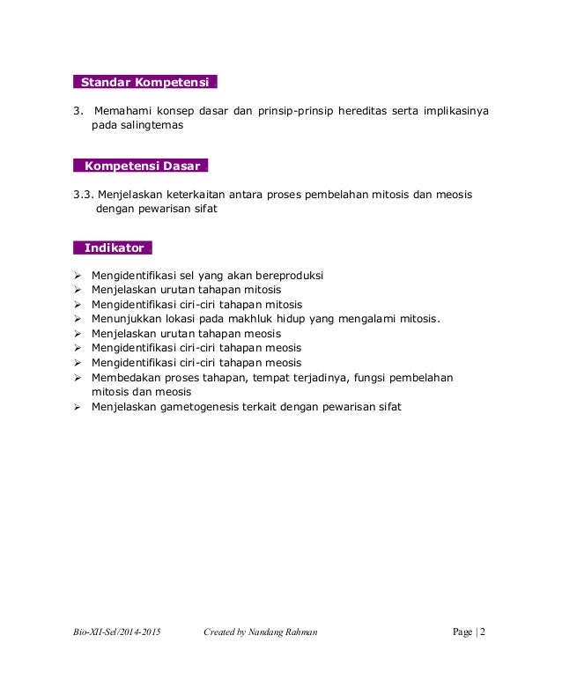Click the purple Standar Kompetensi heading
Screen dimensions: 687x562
click(x=144, y=83)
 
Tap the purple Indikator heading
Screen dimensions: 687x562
click(x=114, y=247)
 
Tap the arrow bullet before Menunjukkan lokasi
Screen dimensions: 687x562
click(x=78, y=319)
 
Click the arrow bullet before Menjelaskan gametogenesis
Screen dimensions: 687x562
click(x=78, y=407)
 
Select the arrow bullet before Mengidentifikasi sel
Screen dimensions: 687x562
click(x=78, y=276)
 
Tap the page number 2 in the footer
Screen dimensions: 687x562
click(x=483, y=632)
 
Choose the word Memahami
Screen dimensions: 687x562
click(x=124, y=111)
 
